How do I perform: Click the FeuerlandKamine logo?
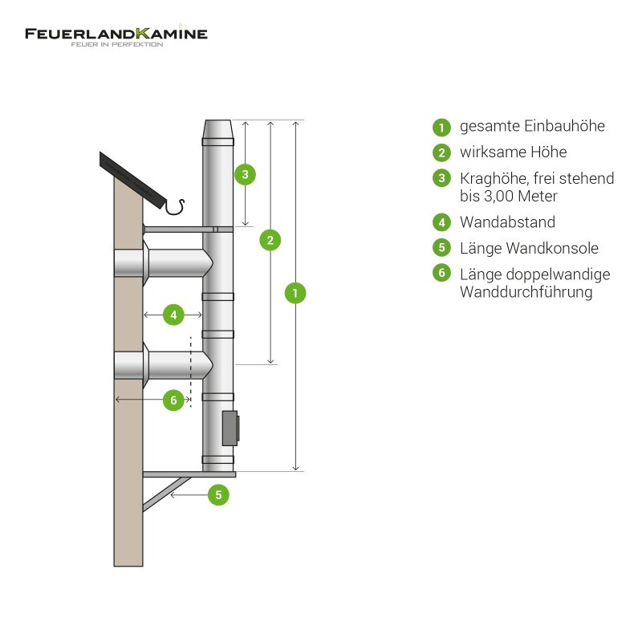coord(116,35)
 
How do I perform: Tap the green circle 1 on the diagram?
coord(296,294)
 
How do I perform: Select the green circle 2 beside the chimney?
coord(270,240)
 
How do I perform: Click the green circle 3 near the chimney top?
coord(246,173)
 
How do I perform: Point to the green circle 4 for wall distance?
coord(174,315)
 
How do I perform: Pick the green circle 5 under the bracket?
coord(218,495)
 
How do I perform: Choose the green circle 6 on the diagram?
coord(174,400)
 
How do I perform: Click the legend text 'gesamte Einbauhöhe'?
coord(532,126)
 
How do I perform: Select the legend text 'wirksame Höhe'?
coord(513,152)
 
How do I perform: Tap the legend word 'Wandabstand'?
coord(507,222)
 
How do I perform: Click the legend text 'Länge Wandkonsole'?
coord(529,248)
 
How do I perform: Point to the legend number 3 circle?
coord(441,178)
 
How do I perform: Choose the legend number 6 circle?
coord(441,274)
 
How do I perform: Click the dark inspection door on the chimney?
coord(230,428)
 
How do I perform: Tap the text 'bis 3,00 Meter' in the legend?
coord(509,196)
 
